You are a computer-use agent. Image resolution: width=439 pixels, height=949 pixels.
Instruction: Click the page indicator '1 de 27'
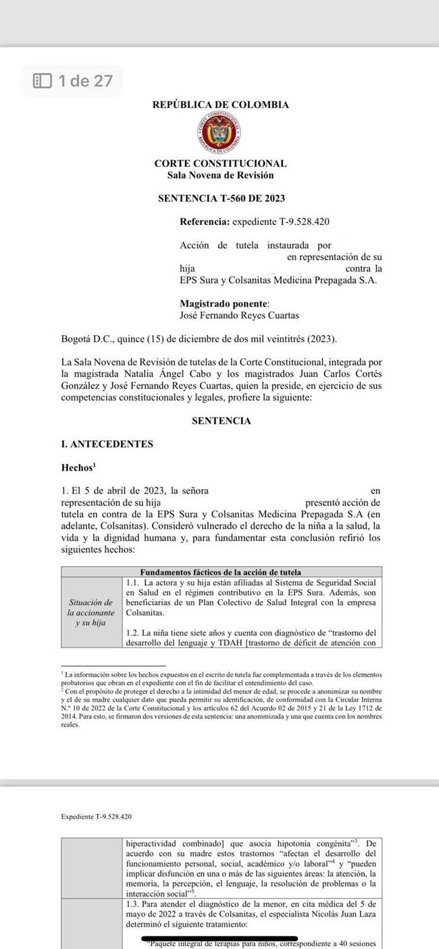[x=85, y=81]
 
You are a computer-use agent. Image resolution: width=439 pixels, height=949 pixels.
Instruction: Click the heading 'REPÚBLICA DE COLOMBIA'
[x=220, y=105]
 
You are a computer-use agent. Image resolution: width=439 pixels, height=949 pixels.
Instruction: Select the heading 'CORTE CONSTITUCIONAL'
[x=220, y=163]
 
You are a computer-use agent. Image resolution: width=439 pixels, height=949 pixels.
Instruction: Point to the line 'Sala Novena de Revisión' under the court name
[x=220, y=175]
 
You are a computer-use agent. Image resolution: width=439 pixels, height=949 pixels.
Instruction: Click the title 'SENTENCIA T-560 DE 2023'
[x=220, y=199]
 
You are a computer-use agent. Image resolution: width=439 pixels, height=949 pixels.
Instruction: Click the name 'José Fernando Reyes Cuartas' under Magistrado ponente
[x=239, y=315]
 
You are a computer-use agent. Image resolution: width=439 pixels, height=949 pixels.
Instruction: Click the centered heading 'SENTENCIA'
[x=221, y=421]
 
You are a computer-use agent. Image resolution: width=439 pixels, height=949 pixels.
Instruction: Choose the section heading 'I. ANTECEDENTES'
[x=107, y=444]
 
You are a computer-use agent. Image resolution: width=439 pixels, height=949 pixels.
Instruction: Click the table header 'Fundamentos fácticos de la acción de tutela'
[x=220, y=572]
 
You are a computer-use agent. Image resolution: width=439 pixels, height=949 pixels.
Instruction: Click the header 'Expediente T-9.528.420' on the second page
[x=96, y=816]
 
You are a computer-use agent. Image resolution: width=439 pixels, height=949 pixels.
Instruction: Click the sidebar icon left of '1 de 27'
[x=43, y=81]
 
